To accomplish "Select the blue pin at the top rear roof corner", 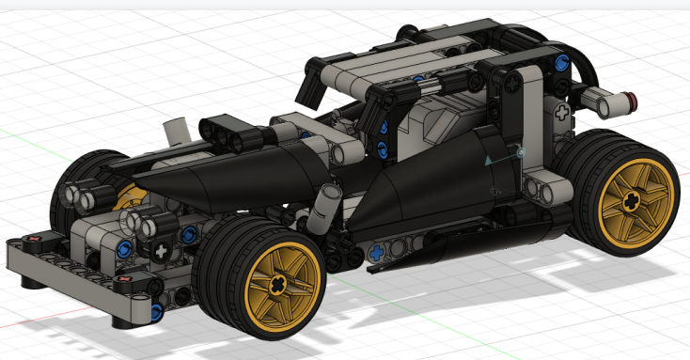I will click(x=561, y=64).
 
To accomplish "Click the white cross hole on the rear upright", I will click(x=562, y=112).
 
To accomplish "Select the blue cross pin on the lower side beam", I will click(x=377, y=251).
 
